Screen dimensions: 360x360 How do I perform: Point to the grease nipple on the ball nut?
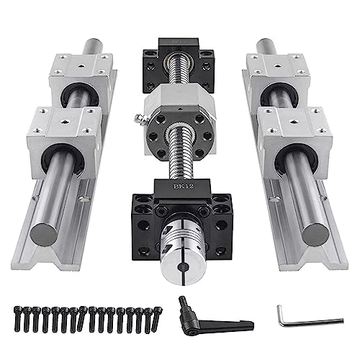[x=139, y=117]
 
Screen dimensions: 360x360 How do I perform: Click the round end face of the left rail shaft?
[x=44, y=234]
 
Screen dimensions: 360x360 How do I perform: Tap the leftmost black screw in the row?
[x=17, y=319]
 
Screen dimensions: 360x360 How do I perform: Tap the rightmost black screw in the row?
[x=156, y=319]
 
